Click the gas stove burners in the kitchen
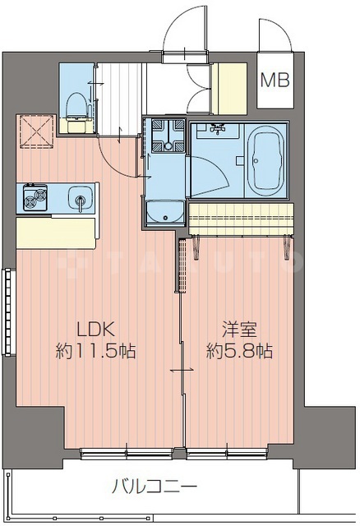coord(36,197)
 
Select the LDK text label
coord(95,330)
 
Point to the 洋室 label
coord(238,330)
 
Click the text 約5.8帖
coord(238,351)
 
